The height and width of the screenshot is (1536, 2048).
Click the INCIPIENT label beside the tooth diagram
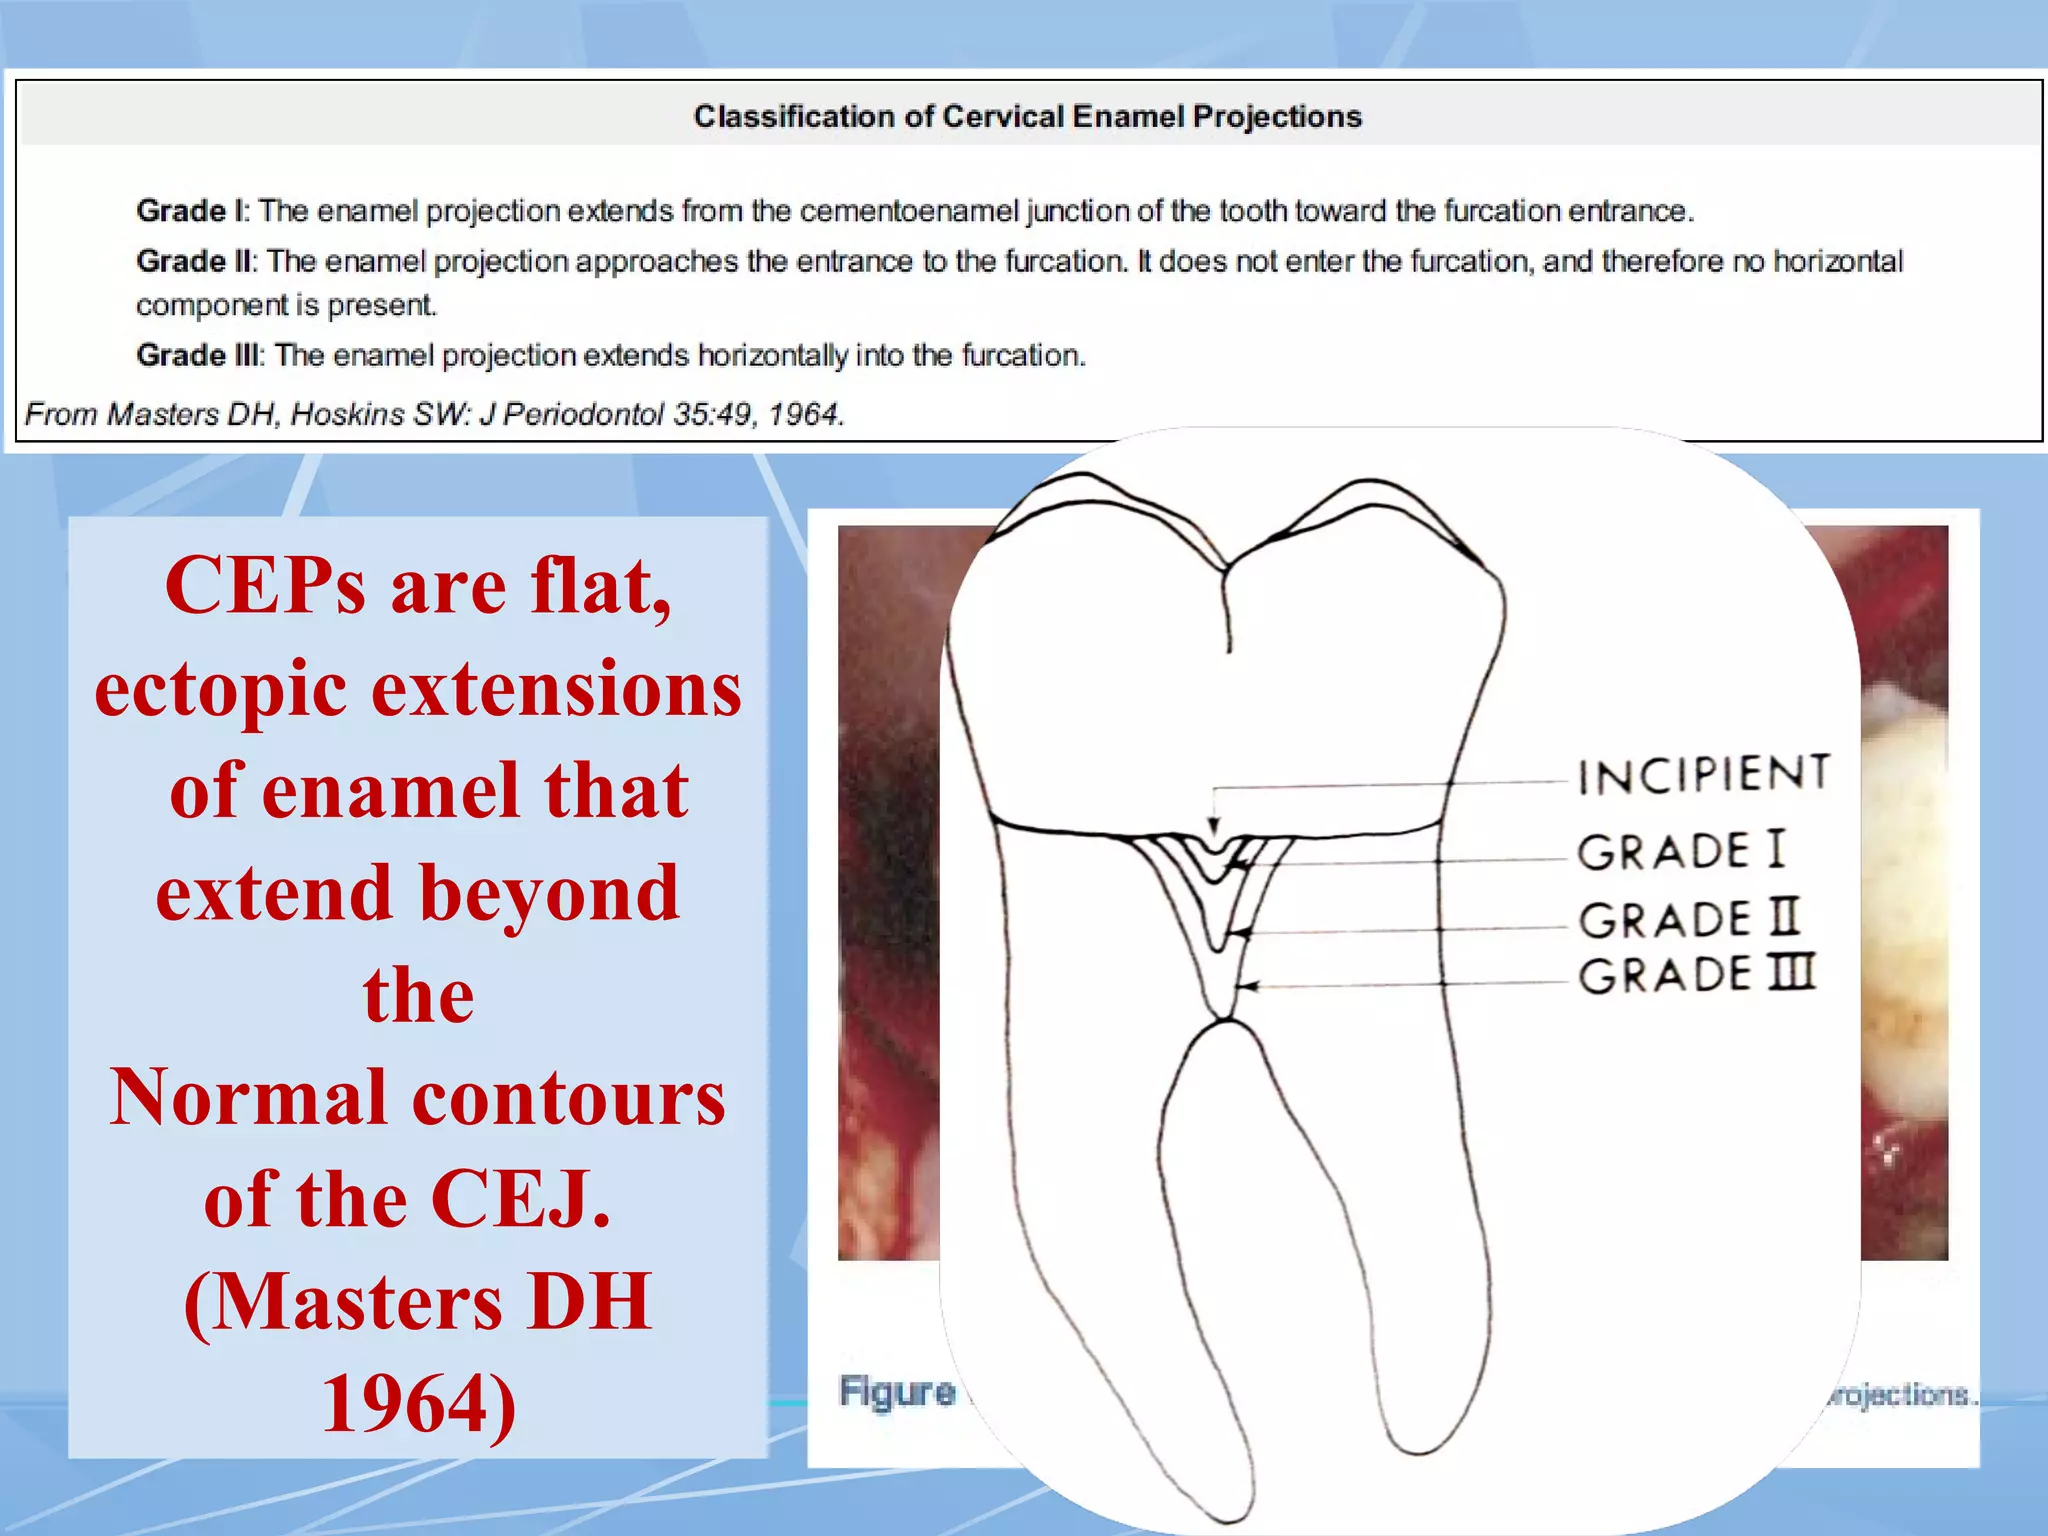pos(1703,775)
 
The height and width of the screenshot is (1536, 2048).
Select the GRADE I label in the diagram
pos(1680,851)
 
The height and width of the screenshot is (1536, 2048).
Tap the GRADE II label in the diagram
pos(1688,919)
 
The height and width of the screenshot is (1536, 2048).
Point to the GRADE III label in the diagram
pos(1696,975)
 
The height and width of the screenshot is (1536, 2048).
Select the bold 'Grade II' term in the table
pos(196,261)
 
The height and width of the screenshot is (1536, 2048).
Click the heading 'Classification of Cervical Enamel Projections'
pos(1027,117)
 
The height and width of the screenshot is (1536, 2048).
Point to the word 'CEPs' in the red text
pos(265,586)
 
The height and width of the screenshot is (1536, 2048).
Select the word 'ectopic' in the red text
pos(221,690)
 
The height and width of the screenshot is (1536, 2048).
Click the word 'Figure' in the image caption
pos(896,1391)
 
